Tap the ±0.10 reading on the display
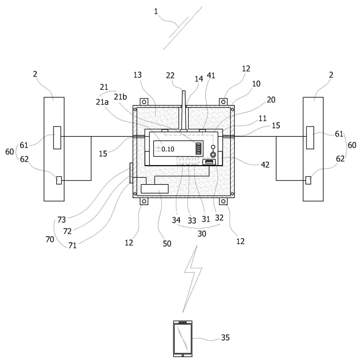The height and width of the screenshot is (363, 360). (x=166, y=149)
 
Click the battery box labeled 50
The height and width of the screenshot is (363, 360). (x=155, y=189)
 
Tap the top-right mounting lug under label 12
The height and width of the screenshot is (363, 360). (x=224, y=102)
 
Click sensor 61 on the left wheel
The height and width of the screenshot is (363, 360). (x=57, y=138)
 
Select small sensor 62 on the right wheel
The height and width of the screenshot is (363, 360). (x=308, y=180)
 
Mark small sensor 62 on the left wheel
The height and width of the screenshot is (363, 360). (x=59, y=180)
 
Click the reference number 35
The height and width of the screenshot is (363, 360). (x=225, y=338)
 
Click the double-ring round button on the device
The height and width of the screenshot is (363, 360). (x=213, y=154)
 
